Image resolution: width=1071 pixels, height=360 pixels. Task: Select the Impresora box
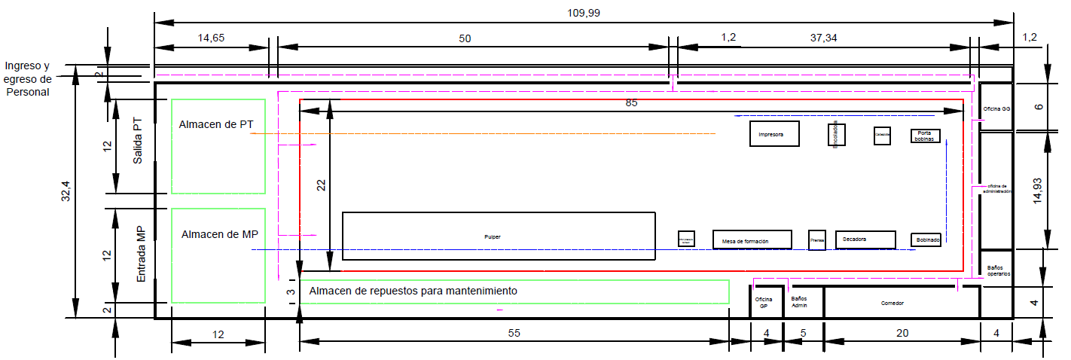tap(773, 133)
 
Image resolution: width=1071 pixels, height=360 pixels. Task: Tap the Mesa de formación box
tap(752, 239)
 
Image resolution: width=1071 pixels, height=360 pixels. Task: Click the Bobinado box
tap(926, 239)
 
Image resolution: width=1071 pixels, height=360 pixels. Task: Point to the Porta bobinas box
tap(925, 136)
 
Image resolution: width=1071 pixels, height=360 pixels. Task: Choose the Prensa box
tap(817, 239)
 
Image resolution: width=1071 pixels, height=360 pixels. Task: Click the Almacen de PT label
tap(215, 124)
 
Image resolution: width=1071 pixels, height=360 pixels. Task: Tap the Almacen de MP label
tap(219, 234)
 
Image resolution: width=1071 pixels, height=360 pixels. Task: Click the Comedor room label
tap(892, 304)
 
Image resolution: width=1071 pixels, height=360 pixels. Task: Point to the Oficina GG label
tap(996, 108)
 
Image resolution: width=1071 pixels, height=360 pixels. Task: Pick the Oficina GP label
tap(764, 303)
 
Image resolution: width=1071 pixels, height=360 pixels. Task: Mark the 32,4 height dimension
tap(66, 193)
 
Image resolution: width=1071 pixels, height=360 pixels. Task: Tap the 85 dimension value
tap(630, 103)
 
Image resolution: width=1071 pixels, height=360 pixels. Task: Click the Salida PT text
tap(138, 144)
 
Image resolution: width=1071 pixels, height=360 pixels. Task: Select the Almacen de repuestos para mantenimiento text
tap(413, 291)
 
